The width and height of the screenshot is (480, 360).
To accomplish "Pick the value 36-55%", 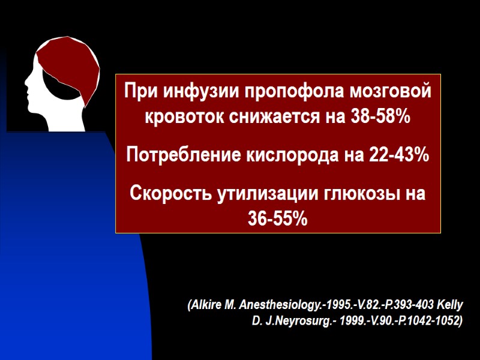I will [278, 219].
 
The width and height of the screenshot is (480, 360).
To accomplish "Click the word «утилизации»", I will [260, 194].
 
